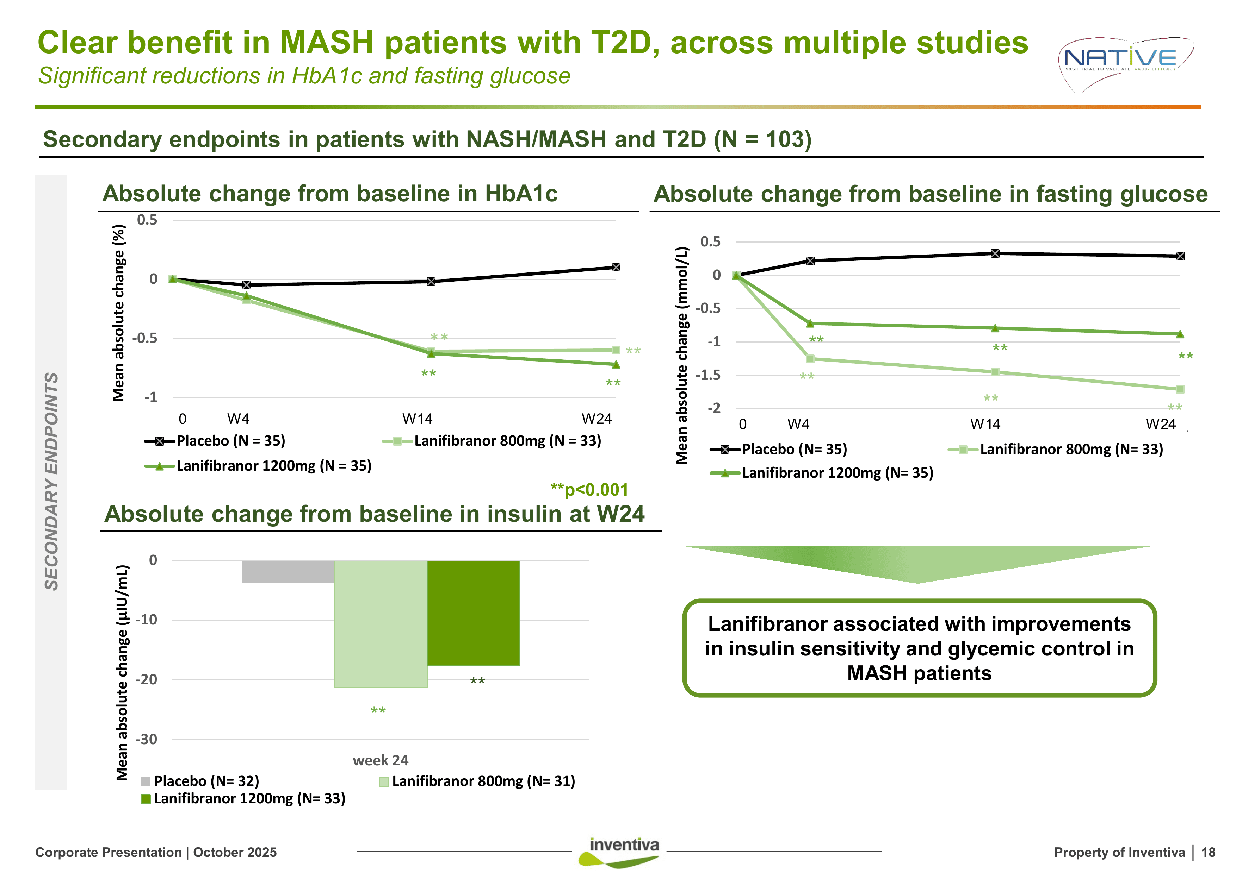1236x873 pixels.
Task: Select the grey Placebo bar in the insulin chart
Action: coord(288,572)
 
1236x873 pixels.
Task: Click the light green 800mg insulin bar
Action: coord(380,624)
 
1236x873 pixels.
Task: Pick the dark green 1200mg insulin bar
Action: coord(473,613)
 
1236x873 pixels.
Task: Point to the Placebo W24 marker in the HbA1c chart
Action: coord(616,267)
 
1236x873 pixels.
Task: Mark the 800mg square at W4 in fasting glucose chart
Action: coord(810,359)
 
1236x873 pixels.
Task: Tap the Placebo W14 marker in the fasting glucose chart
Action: coord(995,253)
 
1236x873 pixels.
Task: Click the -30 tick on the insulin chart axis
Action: coord(147,739)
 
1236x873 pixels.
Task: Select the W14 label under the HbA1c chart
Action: coord(417,419)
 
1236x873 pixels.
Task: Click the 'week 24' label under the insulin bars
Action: coord(380,760)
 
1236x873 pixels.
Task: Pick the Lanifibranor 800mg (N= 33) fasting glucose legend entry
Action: coord(1056,449)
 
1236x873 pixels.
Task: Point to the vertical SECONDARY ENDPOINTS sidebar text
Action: coord(51,482)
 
